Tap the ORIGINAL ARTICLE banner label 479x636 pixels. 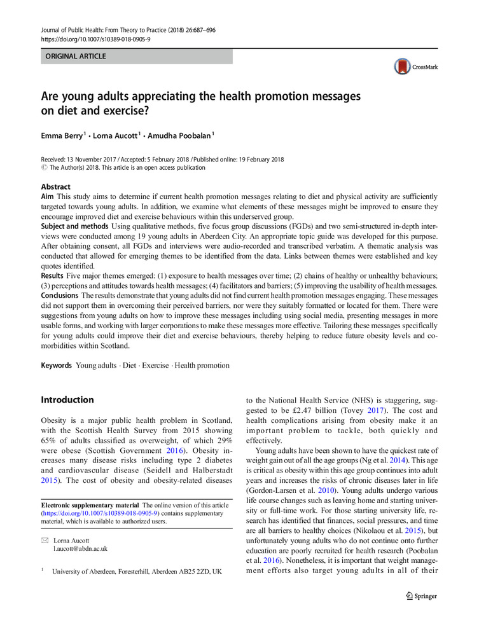point(75,57)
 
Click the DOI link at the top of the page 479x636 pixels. point(95,39)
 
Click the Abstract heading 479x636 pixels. point(56,187)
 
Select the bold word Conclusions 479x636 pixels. point(60,296)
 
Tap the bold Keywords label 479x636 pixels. point(57,366)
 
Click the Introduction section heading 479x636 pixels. point(67,400)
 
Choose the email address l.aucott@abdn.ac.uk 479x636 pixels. point(80,548)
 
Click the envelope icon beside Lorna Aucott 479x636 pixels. point(45,539)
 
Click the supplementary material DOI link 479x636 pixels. point(100,513)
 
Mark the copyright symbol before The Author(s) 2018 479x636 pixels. point(44,168)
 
